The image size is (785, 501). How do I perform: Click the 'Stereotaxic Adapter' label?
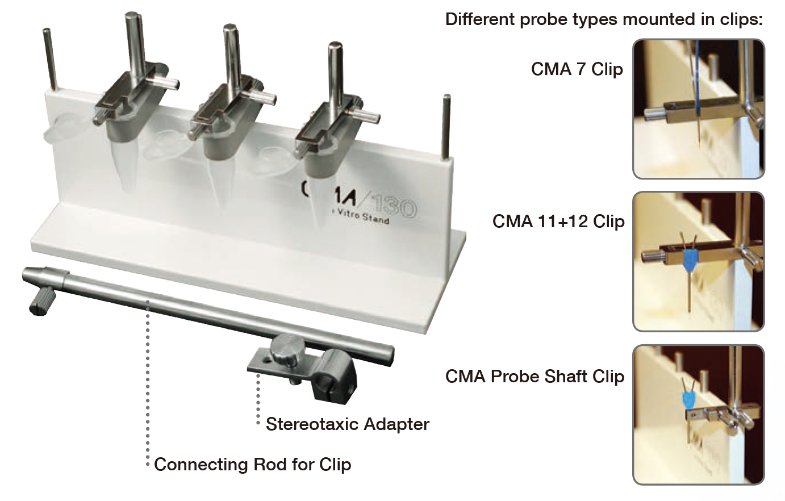pyautogui.click(x=347, y=424)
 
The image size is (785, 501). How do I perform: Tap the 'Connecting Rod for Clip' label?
pyautogui.click(x=253, y=464)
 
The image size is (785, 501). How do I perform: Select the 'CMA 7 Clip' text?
pyautogui.click(x=577, y=69)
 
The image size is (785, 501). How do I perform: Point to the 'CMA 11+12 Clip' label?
pyautogui.click(x=558, y=221)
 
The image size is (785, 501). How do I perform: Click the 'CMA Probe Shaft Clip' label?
pyautogui.click(x=535, y=376)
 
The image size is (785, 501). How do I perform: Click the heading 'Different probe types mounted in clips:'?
pyautogui.click(x=603, y=19)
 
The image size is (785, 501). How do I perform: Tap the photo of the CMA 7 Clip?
pyautogui.click(x=698, y=108)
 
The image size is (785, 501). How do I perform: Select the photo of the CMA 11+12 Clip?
pyautogui.click(x=698, y=261)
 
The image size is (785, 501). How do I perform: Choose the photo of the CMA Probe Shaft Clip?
pyautogui.click(x=698, y=415)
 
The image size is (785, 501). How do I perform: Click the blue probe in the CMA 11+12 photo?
pyautogui.click(x=689, y=258)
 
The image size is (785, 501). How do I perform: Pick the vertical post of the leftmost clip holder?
pyautogui.click(x=134, y=45)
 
